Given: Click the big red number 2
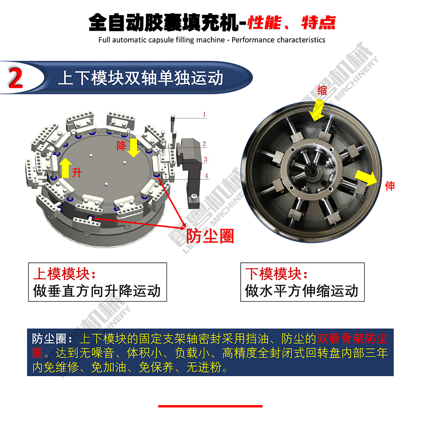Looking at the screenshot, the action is tap(16, 78).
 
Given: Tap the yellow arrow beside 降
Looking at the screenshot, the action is tap(133, 148).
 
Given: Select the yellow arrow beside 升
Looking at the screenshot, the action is tap(65, 168).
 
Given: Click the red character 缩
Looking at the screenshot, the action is tap(322, 90).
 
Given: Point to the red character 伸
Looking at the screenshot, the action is tap(390, 186).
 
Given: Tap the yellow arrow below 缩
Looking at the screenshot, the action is tap(317, 110).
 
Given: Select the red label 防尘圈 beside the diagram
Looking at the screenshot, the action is tap(210, 236).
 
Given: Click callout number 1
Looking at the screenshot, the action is tap(204, 114).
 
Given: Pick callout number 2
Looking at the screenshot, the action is tap(204, 144).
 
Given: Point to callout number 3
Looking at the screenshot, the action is tap(205, 159).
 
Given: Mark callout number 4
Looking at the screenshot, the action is tap(206, 176).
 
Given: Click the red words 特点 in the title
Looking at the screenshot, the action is tap(319, 23).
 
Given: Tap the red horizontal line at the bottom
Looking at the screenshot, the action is tap(210, 406).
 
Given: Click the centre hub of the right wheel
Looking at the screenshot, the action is tap(312, 171).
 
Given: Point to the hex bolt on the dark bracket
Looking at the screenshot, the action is tap(194, 199).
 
